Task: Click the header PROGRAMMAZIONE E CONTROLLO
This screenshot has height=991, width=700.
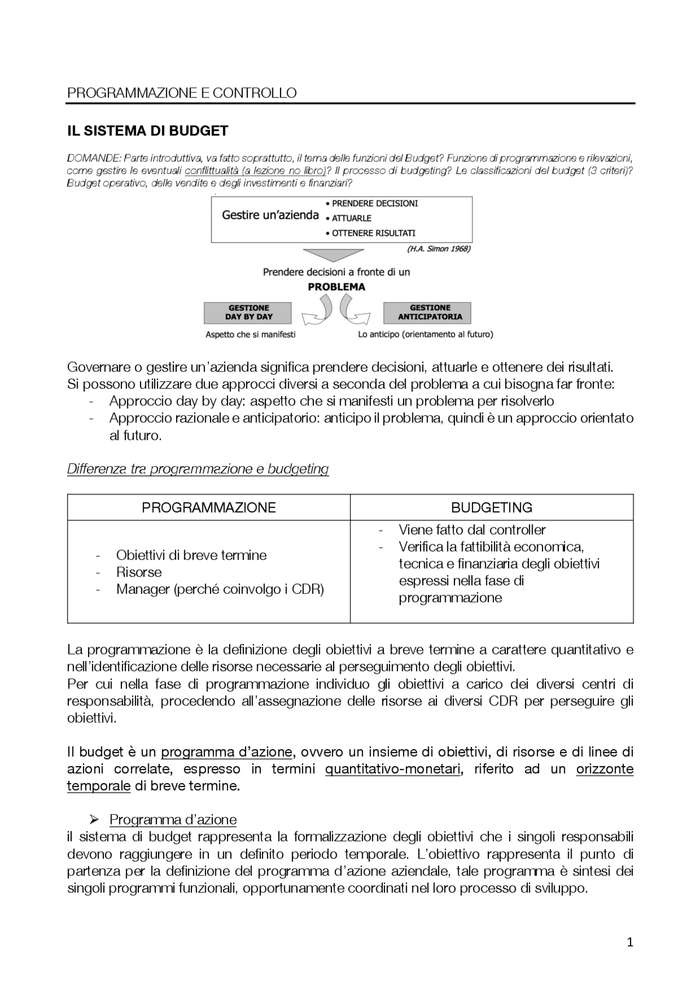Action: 182,93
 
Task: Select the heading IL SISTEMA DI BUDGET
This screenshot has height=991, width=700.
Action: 148,131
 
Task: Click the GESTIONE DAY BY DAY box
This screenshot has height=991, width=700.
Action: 248,312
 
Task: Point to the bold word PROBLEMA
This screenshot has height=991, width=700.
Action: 336,287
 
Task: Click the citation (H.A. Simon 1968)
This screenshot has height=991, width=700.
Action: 439,249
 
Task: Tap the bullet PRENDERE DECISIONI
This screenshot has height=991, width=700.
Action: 375,204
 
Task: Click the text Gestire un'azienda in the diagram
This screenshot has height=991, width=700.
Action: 270,215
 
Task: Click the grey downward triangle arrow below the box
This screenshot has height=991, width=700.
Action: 334,254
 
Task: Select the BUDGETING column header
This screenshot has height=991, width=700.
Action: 492,507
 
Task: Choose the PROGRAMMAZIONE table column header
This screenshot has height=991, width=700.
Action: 208,507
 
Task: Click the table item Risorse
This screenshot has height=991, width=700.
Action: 139,572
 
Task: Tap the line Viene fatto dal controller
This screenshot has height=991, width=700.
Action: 472,530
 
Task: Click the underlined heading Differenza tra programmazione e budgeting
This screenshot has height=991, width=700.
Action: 197,469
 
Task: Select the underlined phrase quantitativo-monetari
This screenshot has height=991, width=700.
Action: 393,769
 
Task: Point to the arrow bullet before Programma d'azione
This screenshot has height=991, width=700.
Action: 94,820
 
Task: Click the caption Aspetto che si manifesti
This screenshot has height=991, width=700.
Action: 250,334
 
